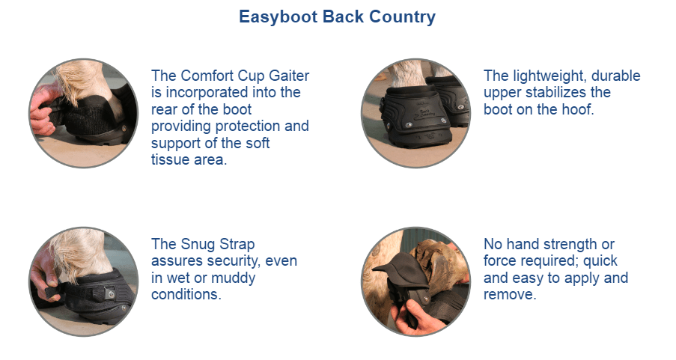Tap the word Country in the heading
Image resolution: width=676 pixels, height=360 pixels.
(x=402, y=16)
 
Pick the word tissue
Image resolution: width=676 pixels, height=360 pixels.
(x=168, y=159)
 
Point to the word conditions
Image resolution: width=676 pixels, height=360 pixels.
(x=186, y=294)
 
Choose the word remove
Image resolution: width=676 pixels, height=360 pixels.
(x=510, y=294)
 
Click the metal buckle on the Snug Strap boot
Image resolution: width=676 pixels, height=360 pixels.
(x=110, y=293)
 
